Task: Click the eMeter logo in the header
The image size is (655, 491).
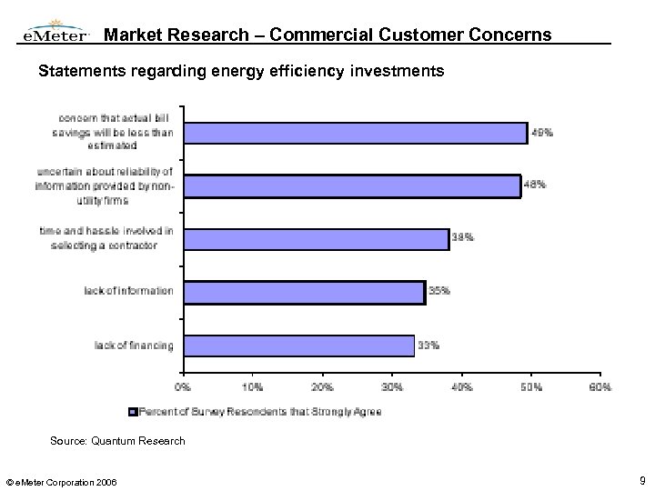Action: click(x=55, y=34)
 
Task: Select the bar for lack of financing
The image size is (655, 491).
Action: click(x=298, y=346)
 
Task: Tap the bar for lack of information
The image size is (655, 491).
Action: click(x=304, y=292)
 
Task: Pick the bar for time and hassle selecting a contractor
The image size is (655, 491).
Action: click(x=316, y=239)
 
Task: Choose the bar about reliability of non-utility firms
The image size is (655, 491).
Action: click(x=351, y=185)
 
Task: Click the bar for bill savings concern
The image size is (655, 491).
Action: click(x=355, y=133)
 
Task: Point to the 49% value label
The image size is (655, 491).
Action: click(x=542, y=133)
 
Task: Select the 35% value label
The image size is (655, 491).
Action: click(x=439, y=291)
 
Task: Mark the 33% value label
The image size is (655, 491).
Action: click(x=428, y=345)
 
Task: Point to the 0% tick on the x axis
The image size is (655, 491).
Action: click(x=184, y=387)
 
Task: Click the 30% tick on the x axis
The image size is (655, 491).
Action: click(x=392, y=387)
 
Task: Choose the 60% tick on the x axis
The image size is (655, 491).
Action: click(x=600, y=387)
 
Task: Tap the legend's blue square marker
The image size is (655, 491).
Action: click(x=134, y=411)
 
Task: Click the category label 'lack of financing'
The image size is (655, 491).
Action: click(x=134, y=346)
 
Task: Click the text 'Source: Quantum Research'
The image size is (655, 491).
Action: click(x=106, y=441)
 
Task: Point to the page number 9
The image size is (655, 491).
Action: click(x=642, y=479)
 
